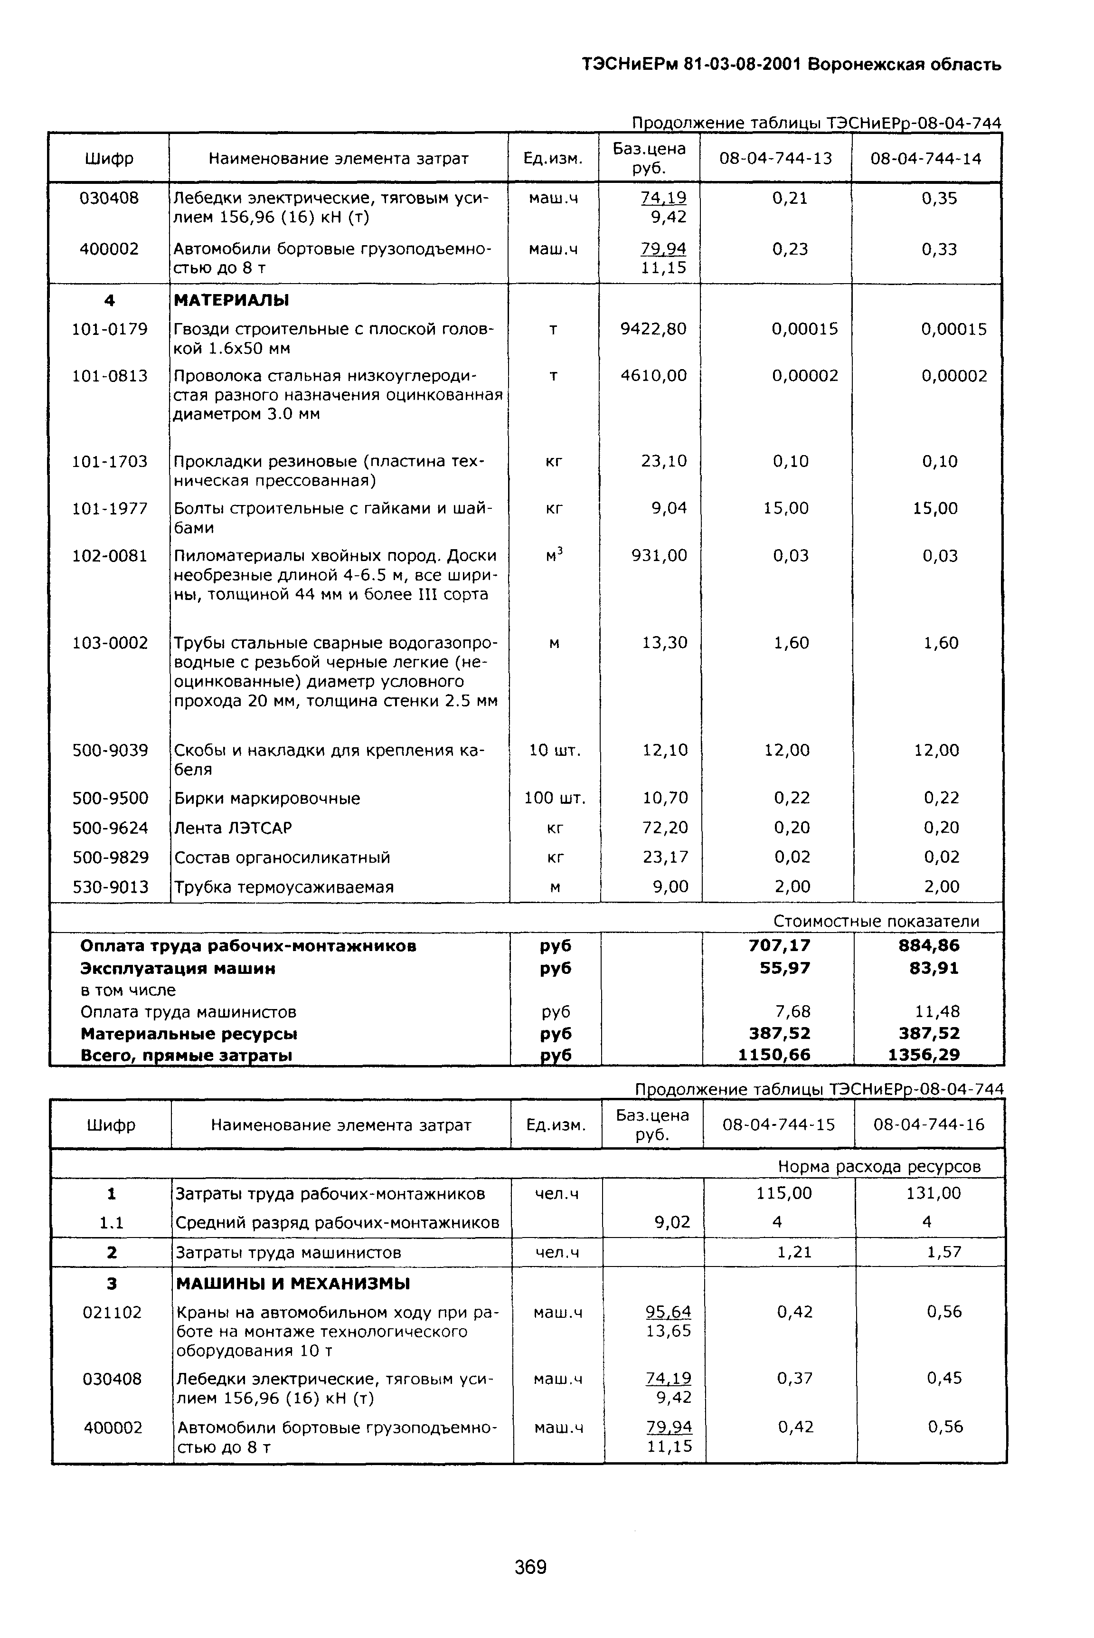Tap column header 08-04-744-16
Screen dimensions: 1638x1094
929,1125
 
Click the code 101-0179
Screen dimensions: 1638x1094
110,329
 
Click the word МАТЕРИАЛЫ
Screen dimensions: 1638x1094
231,301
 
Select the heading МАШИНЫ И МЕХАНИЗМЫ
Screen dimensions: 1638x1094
292,1284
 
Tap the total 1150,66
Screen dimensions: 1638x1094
774,1055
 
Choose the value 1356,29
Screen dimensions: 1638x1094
924,1055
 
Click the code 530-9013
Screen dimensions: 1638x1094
110,887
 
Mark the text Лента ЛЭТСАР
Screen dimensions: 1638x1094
233,828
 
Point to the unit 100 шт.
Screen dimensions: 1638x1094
555,798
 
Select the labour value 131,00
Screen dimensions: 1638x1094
934,1193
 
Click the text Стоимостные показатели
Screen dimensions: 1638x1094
877,921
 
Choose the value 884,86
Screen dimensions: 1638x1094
929,946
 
